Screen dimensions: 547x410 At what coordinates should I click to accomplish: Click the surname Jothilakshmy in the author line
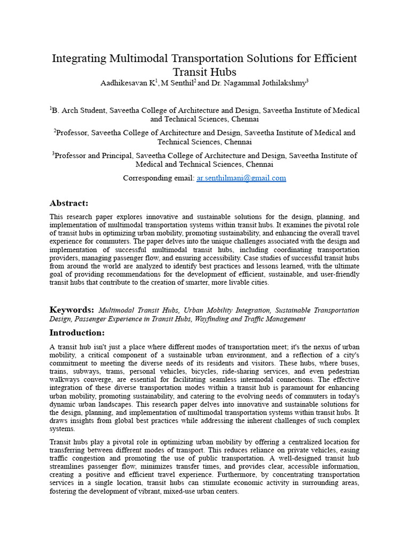point(280,83)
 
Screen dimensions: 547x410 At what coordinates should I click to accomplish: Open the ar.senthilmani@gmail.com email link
point(241,178)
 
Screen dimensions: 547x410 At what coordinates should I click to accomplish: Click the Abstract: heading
point(69,203)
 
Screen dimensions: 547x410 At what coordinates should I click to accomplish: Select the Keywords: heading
point(72,310)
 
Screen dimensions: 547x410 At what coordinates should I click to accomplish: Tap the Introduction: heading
point(77,332)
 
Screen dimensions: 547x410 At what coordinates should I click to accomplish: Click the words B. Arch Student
point(80,111)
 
